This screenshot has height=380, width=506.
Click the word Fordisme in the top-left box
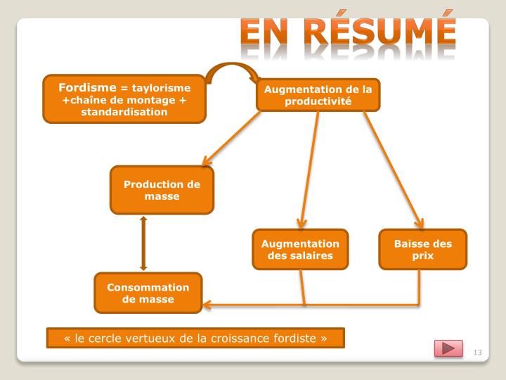(89, 87)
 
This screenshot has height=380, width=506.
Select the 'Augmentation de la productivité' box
(318, 94)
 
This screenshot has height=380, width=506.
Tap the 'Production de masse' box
(162, 190)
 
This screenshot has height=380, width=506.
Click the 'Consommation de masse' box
(148, 293)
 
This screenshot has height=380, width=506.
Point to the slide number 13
(480, 352)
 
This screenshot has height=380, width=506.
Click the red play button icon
(448, 348)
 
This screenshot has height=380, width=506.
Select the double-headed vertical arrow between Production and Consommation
(143, 243)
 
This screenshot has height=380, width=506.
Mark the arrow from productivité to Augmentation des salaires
(309, 169)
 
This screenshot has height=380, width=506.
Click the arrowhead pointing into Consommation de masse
(208, 305)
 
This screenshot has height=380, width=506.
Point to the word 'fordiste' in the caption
(295, 338)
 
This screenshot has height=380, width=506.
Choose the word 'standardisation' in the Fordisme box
(124, 112)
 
